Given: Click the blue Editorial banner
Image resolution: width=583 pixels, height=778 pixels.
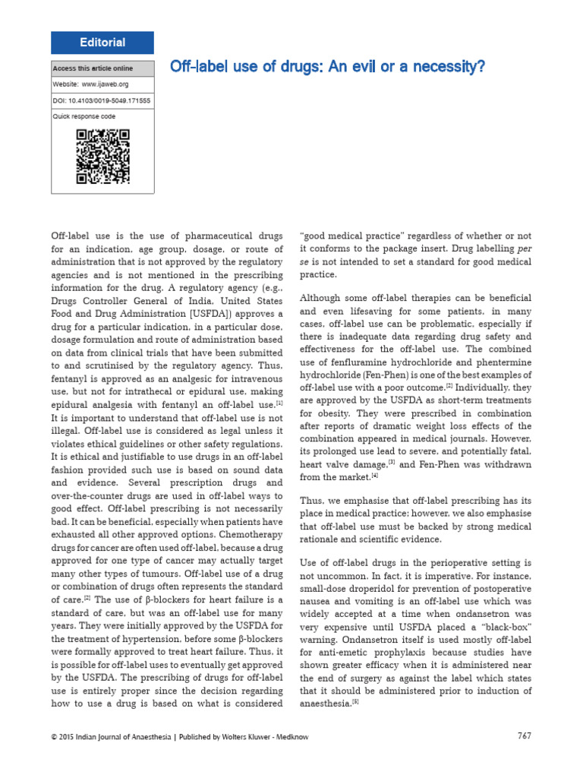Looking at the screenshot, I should pyautogui.click(x=102, y=43).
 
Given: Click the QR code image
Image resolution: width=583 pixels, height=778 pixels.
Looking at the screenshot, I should pyautogui.click(x=102, y=157).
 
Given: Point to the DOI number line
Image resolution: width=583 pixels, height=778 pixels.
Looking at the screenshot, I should pyautogui.click(x=101, y=100).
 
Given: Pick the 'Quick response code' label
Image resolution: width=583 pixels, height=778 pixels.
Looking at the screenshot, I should pyautogui.click(x=83, y=116).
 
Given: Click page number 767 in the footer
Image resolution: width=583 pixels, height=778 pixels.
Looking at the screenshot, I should pyautogui.click(x=525, y=735).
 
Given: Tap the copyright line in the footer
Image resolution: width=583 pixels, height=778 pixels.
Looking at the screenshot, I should pyautogui.click(x=179, y=735).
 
